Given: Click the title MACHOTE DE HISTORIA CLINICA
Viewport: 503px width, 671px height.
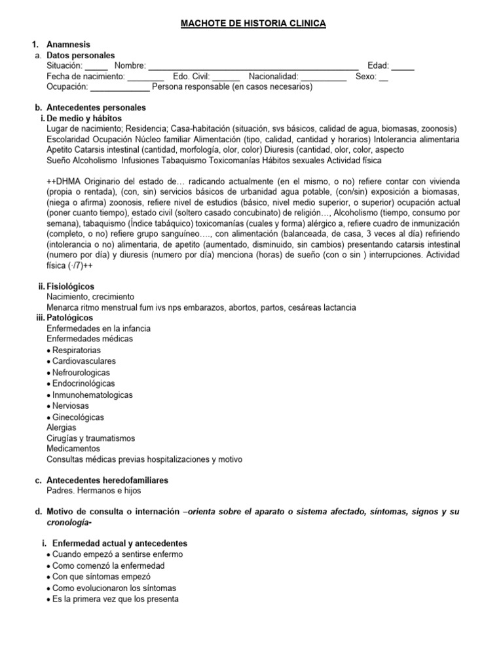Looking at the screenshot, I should pyautogui.click(x=253, y=24).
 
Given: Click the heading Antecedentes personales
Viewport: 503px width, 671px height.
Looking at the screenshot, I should pyautogui.click(x=96, y=107).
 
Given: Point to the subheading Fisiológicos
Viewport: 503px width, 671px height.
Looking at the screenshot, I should pyautogui.click(x=70, y=286).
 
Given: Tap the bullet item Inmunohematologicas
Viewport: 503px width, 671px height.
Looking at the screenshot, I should pyautogui.click(x=92, y=395).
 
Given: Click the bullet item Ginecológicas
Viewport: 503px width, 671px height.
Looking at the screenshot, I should pyautogui.click(x=78, y=417).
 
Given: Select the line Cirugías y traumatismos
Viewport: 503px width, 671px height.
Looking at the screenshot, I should pyautogui.click(x=91, y=438).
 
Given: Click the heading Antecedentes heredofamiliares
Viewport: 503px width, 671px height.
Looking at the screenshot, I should pyautogui.click(x=107, y=480).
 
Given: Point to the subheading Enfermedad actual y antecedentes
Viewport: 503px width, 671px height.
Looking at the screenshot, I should pyautogui.click(x=117, y=543).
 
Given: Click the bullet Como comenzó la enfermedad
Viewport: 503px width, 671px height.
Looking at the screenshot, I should pyautogui.click(x=109, y=566).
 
